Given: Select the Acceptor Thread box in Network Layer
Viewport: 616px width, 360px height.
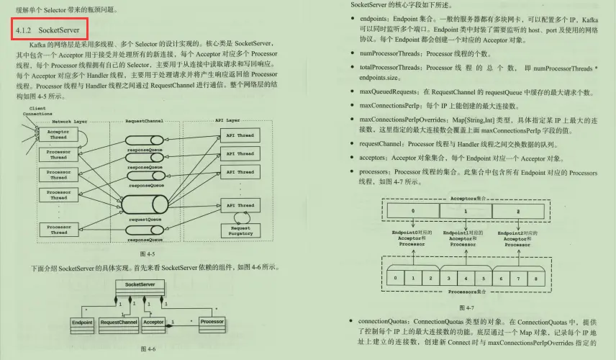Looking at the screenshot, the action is point(59,135).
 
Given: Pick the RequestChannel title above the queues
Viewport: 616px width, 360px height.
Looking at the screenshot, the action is point(144,121).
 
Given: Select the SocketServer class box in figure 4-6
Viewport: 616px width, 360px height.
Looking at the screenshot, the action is point(140,285).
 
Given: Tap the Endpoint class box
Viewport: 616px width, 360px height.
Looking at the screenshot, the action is point(82,323).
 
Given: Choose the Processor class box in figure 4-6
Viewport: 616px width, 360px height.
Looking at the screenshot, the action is point(212,323).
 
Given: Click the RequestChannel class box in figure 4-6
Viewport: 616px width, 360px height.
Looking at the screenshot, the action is point(119,323).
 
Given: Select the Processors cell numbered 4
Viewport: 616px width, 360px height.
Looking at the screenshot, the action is point(465,277).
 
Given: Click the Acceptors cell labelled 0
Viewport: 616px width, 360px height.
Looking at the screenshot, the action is point(412,212).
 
